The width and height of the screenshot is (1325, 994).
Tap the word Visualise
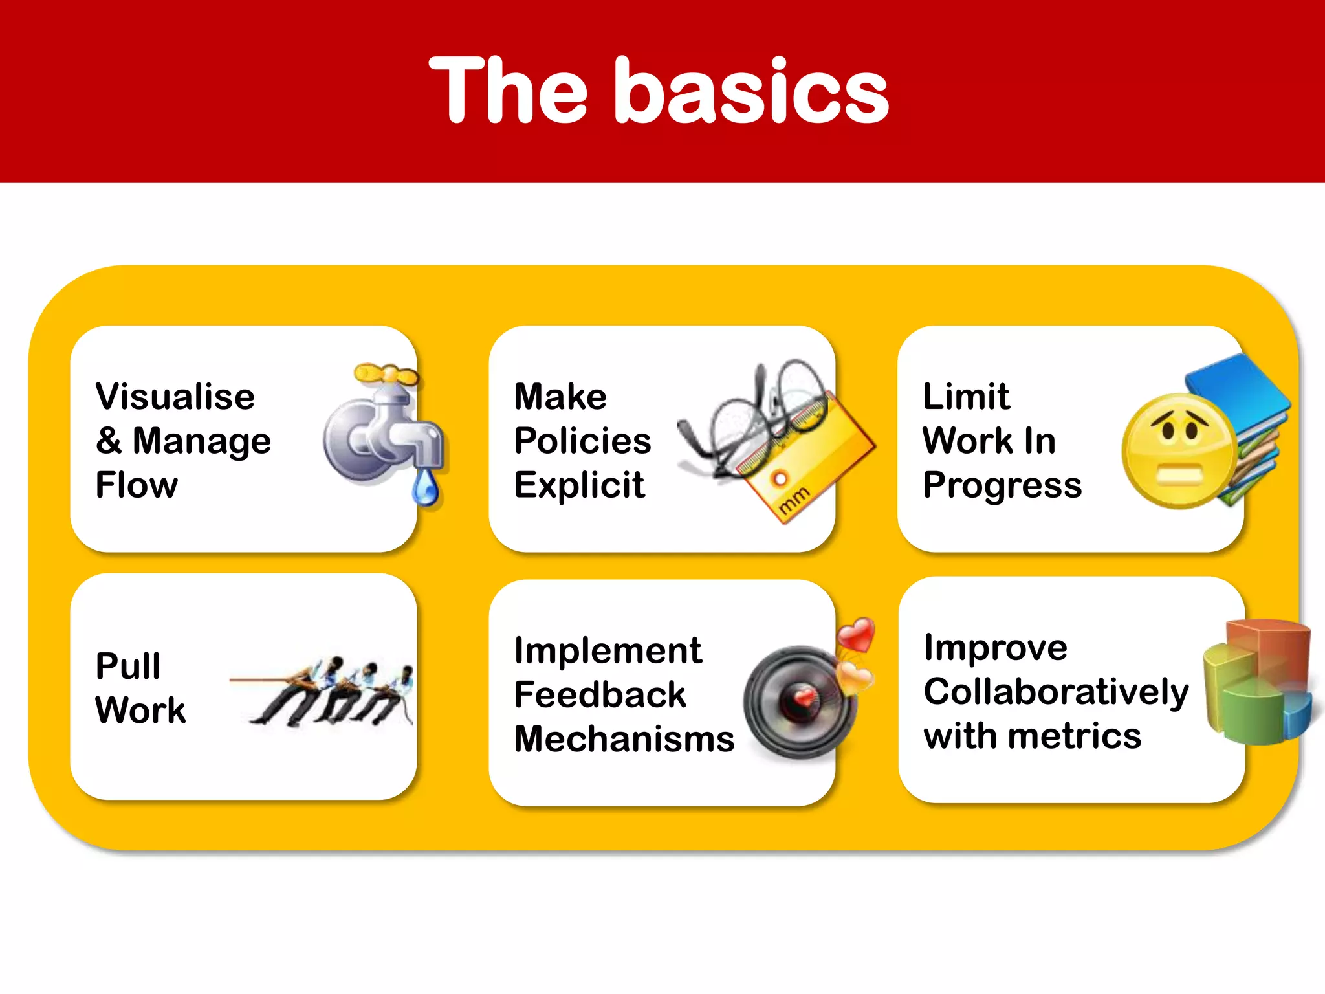click(x=175, y=397)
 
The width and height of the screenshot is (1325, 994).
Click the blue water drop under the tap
click(x=425, y=487)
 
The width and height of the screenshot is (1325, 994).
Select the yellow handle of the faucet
click(x=385, y=374)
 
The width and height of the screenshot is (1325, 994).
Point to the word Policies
click(x=582, y=441)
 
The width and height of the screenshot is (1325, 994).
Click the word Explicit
click(x=579, y=485)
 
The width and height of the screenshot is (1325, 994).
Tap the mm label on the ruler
click(x=793, y=500)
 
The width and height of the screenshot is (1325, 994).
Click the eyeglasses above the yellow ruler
click(x=757, y=414)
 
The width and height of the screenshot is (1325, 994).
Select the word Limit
click(x=965, y=397)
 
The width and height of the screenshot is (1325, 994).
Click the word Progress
click(x=1002, y=485)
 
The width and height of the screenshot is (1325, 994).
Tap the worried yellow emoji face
click(x=1179, y=451)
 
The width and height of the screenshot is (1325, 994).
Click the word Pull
click(x=127, y=667)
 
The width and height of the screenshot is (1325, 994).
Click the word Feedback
click(x=600, y=695)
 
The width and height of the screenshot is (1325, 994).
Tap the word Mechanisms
click(x=624, y=739)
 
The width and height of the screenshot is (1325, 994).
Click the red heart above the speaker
click(x=857, y=634)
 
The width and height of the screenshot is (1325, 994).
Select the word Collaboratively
click(x=1056, y=692)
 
